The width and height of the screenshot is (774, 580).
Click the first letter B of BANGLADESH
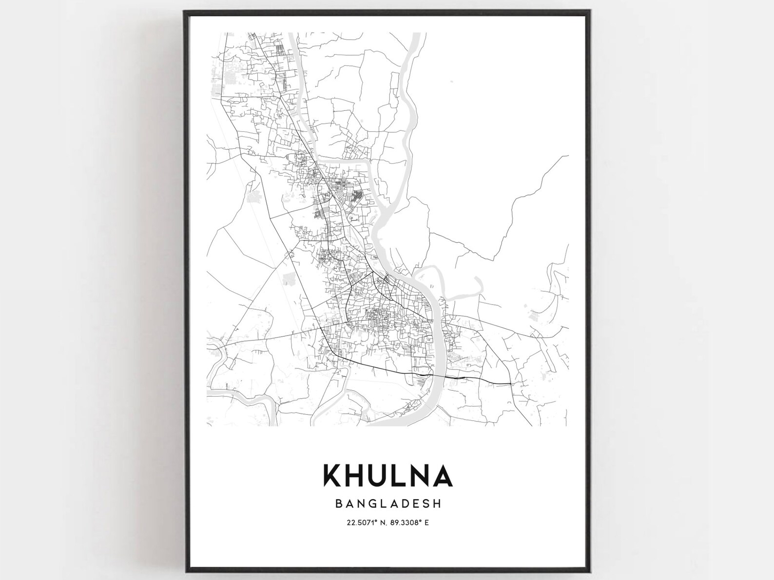click(338, 503)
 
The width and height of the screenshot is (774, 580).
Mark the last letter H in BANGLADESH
click(437, 503)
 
